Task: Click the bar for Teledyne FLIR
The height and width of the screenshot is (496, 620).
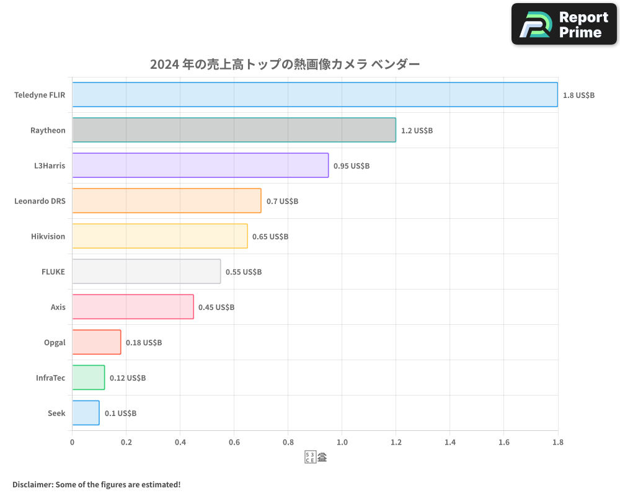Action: [315, 94]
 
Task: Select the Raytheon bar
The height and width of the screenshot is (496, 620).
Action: [234, 130]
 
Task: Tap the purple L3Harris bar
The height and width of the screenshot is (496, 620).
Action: [200, 165]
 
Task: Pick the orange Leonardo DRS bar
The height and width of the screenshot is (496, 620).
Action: [166, 200]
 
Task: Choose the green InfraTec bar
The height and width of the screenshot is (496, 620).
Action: [88, 378]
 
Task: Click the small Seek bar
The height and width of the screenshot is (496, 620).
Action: [86, 413]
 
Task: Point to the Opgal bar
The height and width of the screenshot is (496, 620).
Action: [96, 342]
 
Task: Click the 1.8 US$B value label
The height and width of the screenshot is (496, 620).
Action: [578, 95]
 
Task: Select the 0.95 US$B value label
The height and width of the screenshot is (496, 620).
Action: [352, 166]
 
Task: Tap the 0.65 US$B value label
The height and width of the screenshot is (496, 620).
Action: [270, 236]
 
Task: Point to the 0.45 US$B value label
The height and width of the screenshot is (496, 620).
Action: [216, 307]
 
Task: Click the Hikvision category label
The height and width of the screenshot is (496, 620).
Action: [48, 236]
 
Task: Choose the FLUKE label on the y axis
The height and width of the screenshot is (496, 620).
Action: [53, 272]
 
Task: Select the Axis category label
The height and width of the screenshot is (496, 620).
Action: [58, 307]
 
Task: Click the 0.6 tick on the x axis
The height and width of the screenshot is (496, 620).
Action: [234, 442]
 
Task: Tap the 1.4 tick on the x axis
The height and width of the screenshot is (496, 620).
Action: [450, 442]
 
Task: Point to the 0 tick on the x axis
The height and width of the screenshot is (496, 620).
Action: [73, 442]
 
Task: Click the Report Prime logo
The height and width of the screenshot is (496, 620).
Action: [564, 24]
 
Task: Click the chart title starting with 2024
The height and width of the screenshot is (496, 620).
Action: [285, 64]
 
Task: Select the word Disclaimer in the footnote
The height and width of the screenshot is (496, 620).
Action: [32, 484]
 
